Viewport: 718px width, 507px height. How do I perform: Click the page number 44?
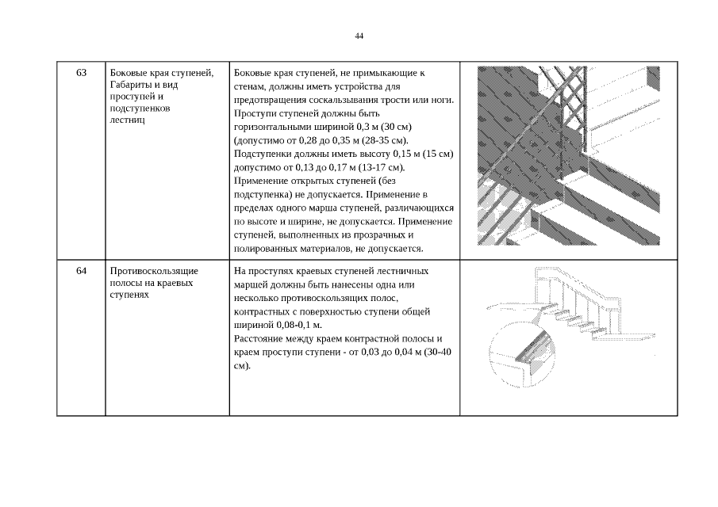pyautogui.click(x=359, y=36)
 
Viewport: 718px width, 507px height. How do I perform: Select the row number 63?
pyautogui.click(x=82, y=73)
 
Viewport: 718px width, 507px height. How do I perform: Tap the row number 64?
pyautogui.click(x=82, y=271)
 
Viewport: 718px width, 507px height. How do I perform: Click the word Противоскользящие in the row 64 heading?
pyautogui.click(x=154, y=271)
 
